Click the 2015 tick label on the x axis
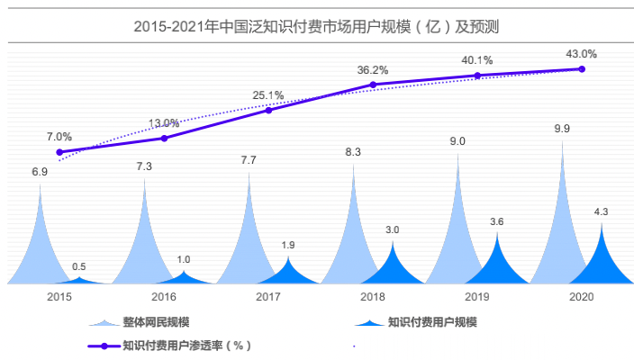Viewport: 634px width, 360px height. (59, 296)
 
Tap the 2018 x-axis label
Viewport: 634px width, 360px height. (373, 296)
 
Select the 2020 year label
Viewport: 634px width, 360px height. (582, 296)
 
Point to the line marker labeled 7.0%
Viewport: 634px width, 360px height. (59, 152)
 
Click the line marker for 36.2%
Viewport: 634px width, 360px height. (373, 85)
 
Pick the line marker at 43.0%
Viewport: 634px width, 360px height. (582, 68)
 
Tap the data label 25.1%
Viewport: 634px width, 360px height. (268, 94)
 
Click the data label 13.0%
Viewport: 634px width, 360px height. (164, 122)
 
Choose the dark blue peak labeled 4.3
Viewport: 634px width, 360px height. (601, 256)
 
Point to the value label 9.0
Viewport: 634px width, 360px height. (457, 141)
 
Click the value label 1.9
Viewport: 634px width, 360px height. (288, 246)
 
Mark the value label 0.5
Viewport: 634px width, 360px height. (79, 266)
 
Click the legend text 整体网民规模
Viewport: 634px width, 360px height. (158, 322)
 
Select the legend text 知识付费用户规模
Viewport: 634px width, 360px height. (432, 322)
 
